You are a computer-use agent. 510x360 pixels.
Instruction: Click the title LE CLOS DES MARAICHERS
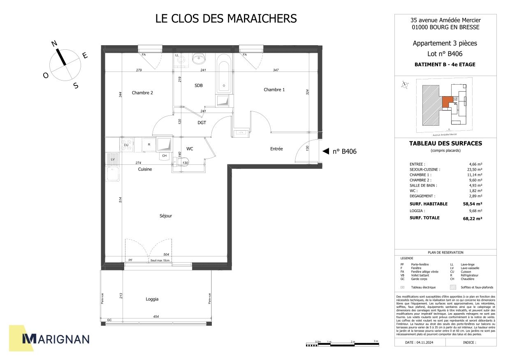click(x=226, y=19)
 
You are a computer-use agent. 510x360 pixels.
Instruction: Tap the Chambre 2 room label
click(x=142, y=93)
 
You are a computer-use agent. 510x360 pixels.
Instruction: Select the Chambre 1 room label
click(x=274, y=90)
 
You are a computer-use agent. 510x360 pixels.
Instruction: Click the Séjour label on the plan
click(x=166, y=216)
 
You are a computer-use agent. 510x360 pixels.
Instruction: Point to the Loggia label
click(x=152, y=299)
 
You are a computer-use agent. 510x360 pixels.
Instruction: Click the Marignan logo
click(x=55, y=339)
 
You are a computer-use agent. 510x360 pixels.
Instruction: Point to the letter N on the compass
click(x=54, y=44)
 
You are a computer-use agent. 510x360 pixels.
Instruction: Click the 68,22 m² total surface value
click(x=473, y=219)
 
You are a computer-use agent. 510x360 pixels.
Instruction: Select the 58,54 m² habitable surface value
click(x=473, y=204)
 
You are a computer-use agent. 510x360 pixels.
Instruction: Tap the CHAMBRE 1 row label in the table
click(x=420, y=175)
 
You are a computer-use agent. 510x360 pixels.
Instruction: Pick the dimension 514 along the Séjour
click(x=121, y=200)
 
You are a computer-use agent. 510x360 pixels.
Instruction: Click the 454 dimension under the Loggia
click(x=156, y=316)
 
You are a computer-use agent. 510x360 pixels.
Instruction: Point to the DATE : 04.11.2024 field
click(x=419, y=342)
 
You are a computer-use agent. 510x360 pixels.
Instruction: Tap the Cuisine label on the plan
click(x=145, y=169)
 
